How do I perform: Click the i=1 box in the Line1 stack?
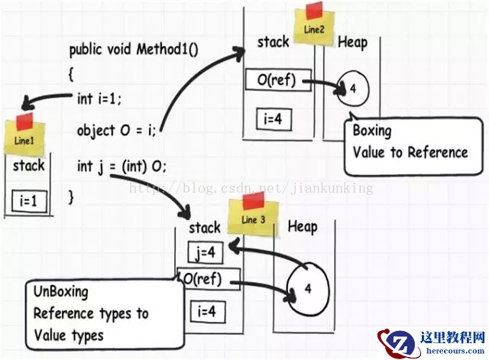(28, 202)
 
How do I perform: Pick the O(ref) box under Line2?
(278, 79)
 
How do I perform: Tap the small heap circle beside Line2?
(353, 89)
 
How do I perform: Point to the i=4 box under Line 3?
(206, 312)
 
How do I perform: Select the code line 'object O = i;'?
(116, 130)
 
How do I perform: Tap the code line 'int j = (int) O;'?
(121, 165)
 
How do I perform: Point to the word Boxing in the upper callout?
(371, 131)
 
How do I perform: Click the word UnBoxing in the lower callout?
(60, 292)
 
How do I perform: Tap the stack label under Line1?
(28, 165)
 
